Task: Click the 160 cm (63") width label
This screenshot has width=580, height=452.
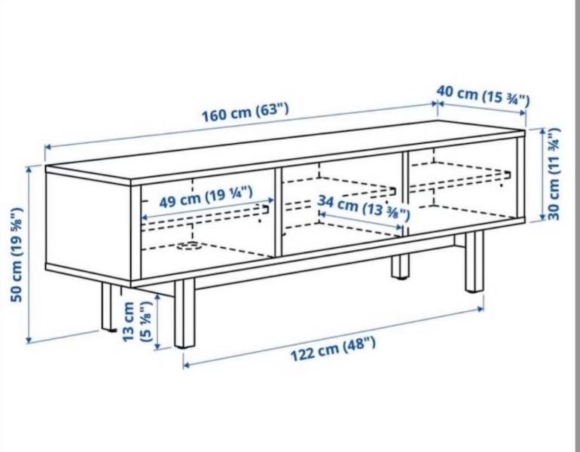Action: pyautogui.click(x=245, y=112)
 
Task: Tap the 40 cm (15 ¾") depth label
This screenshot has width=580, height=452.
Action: pyautogui.click(x=483, y=96)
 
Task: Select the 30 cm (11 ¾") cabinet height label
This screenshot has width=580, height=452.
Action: pyautogui.click(x=554, y=174)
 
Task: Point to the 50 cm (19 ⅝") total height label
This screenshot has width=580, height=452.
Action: pyautogui.click(x=17, y=255)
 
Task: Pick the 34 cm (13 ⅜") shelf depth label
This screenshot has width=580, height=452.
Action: pyautogui.click(x=364, y=208)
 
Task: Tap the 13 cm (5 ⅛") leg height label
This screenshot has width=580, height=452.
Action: pyautogui.click(x=137, y=321)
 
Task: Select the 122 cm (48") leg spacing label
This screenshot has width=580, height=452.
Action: pyautogui.click(x=333, y=350)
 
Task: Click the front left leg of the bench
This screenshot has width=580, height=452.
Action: pyautogui.click(x=185, y=313)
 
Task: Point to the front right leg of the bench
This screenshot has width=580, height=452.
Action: pyautogui.click(x=475, y=261)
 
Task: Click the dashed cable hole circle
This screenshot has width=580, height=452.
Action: pyautogui.click(x=190, y=246)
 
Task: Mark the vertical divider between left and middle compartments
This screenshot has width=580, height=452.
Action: pyautogui.click(x=278, y=212)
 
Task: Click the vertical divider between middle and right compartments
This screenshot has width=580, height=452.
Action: pyautogui.click(x=405, y=193)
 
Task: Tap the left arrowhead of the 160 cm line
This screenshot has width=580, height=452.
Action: pyautogui.click(x=47, y=148)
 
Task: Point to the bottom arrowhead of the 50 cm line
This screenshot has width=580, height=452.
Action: pyautogui.click(x=28, y=341)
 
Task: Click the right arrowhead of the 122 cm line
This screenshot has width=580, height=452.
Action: pyautogui.click(x=481, y=308)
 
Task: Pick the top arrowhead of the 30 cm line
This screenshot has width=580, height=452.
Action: pyautogui.click(x=542, y=131)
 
